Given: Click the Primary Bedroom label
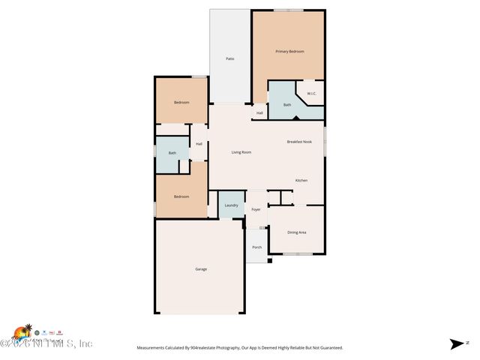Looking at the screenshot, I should click(x=289, y=51).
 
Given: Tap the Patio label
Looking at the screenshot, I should click(x=231, y=58).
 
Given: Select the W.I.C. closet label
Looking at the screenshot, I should click(x=312, y=94).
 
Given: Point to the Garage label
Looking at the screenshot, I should click(x=201, y=268).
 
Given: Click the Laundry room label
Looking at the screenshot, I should click(x=231, y=205).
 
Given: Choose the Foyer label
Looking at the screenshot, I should click(x=256, y=209).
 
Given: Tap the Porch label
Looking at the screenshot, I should click(x=256, y=247).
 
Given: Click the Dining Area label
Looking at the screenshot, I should click(x=297, y=232).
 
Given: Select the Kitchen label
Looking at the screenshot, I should click(x=301, y=180).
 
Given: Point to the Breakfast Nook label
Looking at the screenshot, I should click(x=299, y=142).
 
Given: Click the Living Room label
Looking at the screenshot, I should click(x=241, y=152).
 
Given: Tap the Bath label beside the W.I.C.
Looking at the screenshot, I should click(x=287, y=105).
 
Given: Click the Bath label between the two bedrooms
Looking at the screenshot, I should click(x=172, y=153).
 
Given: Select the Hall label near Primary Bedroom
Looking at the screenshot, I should click(x=259, y=113).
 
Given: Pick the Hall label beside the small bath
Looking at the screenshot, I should click(x=199, y=144).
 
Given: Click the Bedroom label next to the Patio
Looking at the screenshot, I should click(x=181, y=102).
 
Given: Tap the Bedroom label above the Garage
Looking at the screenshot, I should click(x=181, y=196).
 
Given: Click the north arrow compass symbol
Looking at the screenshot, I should click(x=457, y=344).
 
